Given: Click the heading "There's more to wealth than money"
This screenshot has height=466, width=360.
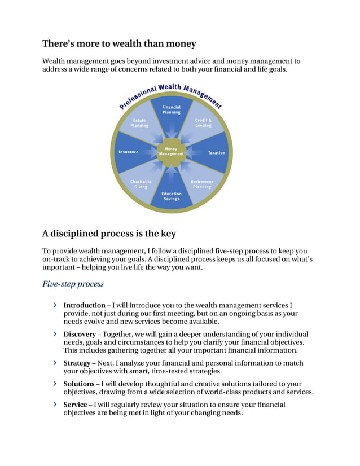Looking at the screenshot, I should tap(119, 43).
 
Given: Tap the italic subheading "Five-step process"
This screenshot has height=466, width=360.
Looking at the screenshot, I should tap(73, 284).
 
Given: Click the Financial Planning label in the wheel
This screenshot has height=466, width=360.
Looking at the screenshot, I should tap(172, 109).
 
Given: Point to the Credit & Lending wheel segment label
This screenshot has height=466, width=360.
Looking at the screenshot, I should tap(203, 122).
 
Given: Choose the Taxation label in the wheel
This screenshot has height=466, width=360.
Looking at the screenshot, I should tap(216, 153).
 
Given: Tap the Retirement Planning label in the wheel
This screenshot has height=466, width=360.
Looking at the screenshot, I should tap(202, 184).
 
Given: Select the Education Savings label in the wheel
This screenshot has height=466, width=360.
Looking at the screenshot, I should tap(172, 196).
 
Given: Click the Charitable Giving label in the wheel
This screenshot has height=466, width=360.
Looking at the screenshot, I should tap(141, 184).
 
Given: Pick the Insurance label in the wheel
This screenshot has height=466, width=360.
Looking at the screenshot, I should tap(128, 152).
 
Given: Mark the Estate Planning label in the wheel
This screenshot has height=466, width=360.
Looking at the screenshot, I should tap(139, 122).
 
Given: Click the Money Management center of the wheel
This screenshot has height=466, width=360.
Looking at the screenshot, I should tap(172, 152).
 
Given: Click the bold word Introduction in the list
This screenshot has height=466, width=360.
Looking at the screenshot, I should tap(84, 305).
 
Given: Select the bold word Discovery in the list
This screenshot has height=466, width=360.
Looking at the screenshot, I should tap(80, 334).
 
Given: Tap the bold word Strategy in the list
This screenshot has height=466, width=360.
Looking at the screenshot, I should tap(77, 363).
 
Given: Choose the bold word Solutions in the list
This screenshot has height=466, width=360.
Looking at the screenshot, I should tap(78, 384).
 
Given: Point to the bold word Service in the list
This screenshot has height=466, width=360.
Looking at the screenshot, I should tap(75, 405).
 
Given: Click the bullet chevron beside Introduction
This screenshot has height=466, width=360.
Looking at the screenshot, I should tap(54, 305).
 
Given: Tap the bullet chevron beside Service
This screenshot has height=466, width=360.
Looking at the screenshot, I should tap(54, 405).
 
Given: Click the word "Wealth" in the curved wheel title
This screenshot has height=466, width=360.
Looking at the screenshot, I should tap(170, 87).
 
